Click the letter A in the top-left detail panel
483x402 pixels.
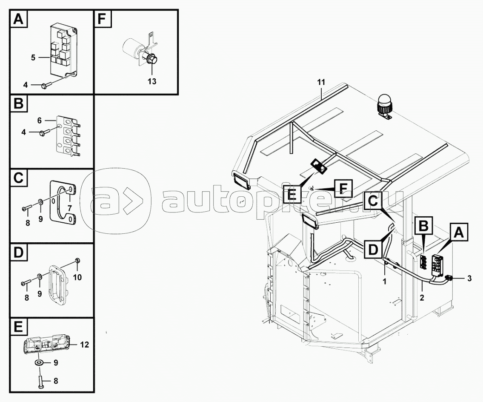(x=18, y=19)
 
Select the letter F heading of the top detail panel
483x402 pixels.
(x=103, y=19)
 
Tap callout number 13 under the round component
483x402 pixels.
(x=152, y=81)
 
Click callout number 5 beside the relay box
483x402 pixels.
(x=33, y=57)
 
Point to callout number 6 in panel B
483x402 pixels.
(x=40, y=121)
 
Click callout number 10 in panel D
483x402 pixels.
(x=77, y=278)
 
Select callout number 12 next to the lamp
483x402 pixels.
(x=84, y=345)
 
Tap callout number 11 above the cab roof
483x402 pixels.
(x=321, y=82)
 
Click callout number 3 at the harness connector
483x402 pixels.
(x=469, y=279)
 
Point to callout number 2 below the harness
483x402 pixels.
(x=422, y=298)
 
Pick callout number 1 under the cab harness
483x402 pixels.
(x=384, y=281)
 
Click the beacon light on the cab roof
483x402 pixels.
(x=384, y=106)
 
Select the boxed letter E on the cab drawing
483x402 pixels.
(x=292, y=193)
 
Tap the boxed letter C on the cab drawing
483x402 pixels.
(x=372, y=201)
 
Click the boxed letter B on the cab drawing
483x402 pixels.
(x=424, y=226)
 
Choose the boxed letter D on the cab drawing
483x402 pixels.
(x=373, y=249)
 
